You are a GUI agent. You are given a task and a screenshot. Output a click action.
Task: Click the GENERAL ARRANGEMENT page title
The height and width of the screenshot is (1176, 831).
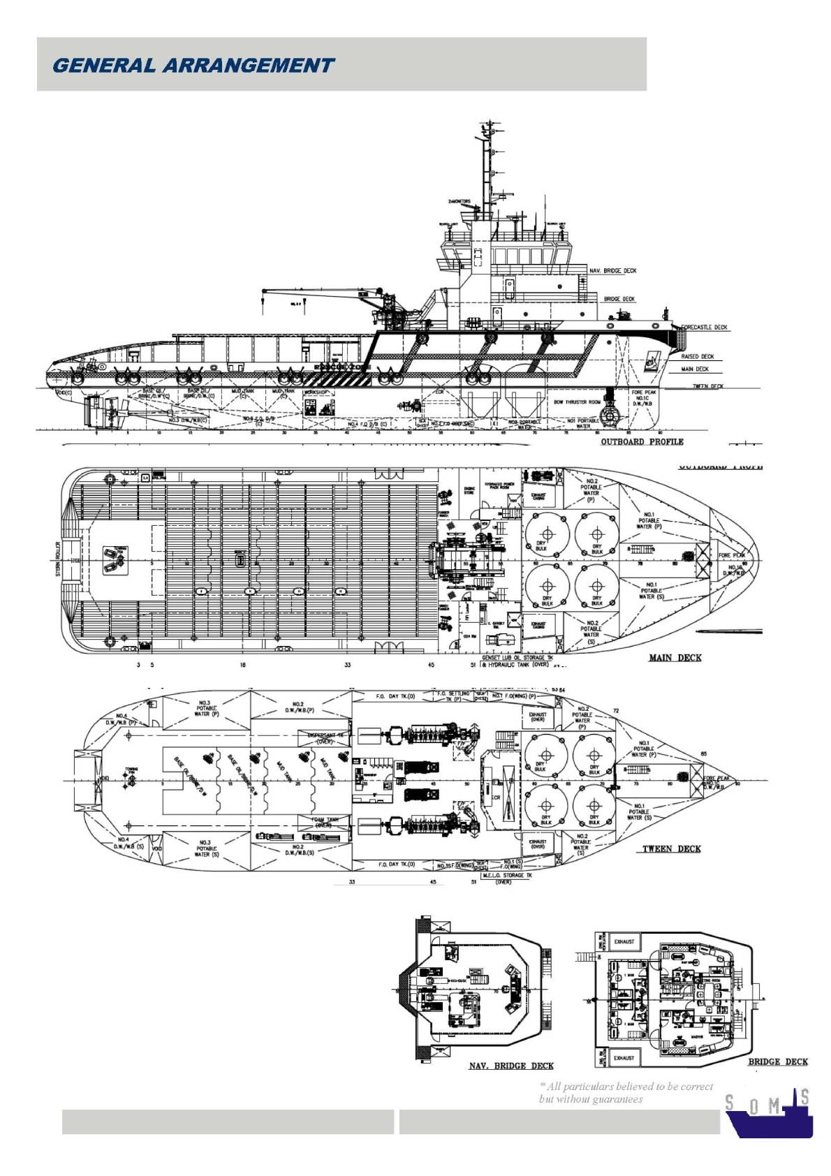pos(193,66)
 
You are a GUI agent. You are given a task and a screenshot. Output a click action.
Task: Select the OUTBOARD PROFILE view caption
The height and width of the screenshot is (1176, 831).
pos(642,441)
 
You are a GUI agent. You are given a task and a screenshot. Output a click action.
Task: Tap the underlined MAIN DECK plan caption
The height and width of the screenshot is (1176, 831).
pos(675,657)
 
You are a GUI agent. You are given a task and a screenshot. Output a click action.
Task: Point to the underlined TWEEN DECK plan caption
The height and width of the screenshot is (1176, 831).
pos(671,849)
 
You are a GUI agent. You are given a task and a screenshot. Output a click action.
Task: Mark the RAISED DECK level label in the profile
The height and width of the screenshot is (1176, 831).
pos(697,356)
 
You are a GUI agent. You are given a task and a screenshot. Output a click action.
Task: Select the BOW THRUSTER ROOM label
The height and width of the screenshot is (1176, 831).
pos(577,402)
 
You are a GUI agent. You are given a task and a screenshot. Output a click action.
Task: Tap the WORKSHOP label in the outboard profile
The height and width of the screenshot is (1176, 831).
pos(316,392)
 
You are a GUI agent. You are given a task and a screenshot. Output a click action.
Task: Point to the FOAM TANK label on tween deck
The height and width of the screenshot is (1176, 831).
pos(324,822)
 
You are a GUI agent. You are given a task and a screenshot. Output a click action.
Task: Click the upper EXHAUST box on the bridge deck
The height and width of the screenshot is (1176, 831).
pos(624,941)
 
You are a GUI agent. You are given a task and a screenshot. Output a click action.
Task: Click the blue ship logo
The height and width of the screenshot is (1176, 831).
pos(768,1113)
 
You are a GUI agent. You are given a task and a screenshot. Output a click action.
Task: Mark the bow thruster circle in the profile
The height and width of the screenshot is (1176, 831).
pos(612,416)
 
